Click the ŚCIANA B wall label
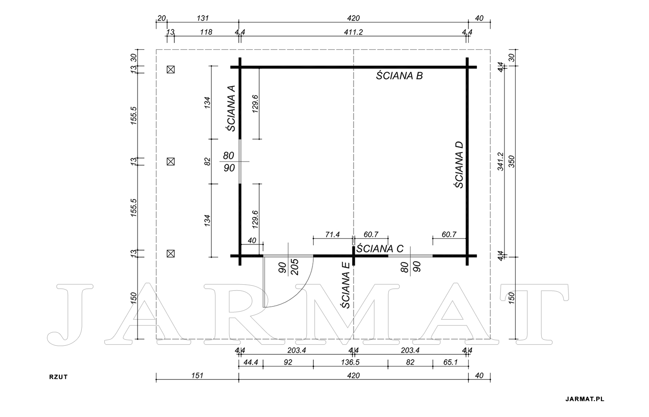[x=399, y=76]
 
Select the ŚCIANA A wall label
[x=231, y=108]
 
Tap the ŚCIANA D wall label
[x=459, y=165]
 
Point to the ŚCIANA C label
[x=380, y=248]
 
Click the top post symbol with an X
[x=170, y=70]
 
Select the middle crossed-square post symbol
[x=170, y=162]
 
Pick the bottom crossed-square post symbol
[x=170, y=254]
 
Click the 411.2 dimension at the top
[x=353, y=32]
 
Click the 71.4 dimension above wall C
[x=332, y=234]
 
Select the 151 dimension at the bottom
[x=197, y=376]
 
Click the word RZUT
[x=58, y=377]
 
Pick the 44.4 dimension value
[x=251, y=362]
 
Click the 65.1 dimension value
[x=450, y=362]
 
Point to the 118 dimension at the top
[x=206, y=32]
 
